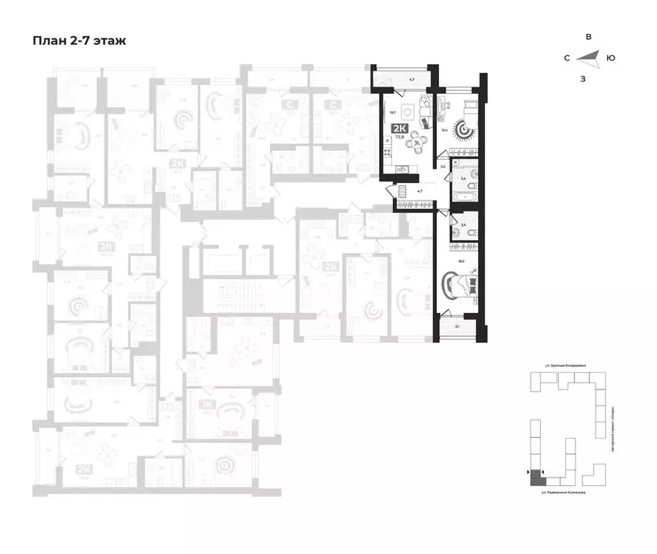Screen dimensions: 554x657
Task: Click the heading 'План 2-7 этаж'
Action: click(x=79, y=40)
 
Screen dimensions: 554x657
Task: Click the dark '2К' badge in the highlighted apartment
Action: click(x=399, y=129)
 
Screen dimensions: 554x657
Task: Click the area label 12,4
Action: click(x=445, y=130)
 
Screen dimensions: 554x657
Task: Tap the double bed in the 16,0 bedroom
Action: click(x=461, y=283)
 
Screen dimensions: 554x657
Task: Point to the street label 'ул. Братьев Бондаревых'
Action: click(x=565, y=366)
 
